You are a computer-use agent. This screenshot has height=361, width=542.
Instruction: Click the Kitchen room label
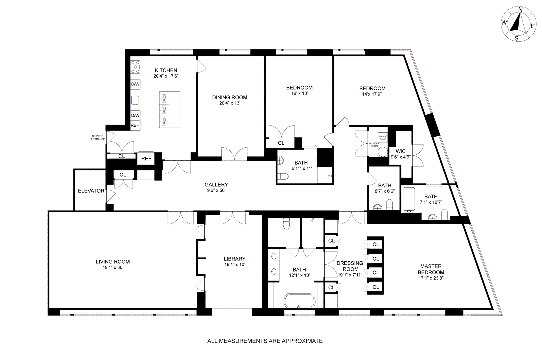(166, 70)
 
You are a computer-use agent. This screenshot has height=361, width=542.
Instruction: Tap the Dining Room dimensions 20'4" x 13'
(230, 103)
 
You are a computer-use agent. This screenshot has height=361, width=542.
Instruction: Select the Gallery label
(216, 185)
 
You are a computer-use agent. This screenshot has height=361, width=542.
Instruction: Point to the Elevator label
(91, 191)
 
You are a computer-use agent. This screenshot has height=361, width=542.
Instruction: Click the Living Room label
(113, 262)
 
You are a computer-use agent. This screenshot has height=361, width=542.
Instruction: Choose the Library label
(235, 259)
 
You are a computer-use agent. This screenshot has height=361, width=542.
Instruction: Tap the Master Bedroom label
(431, 269)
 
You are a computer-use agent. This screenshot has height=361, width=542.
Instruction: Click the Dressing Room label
(350, 266)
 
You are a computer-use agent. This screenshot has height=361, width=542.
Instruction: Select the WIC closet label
(401, 151)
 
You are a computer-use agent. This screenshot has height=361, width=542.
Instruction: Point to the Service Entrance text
(98, 138)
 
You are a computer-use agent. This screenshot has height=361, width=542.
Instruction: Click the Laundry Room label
(374, 145)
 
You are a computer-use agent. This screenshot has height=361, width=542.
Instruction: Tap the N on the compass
(520, 17)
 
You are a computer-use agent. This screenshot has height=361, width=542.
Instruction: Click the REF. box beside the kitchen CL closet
(147, 159)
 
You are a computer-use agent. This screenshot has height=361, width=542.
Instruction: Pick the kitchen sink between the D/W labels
(135, 100)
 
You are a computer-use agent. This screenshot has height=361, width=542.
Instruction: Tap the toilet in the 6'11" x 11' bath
(283, 177)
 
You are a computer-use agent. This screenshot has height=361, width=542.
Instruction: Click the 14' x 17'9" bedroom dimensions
(372, 94)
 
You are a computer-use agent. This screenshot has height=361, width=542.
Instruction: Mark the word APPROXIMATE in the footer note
(302, 341)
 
